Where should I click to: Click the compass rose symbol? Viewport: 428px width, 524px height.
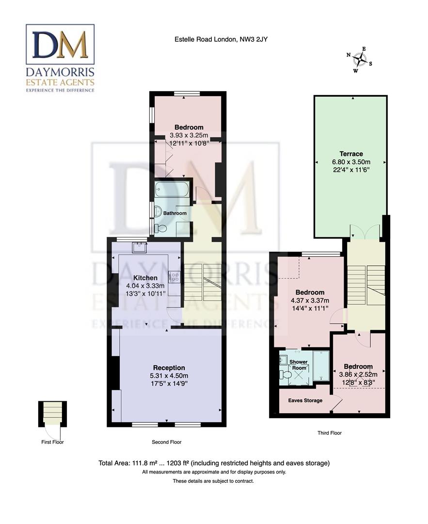coord(359,60)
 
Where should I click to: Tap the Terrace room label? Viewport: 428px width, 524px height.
coord(351,154)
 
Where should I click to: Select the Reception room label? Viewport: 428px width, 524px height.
coord(169,368)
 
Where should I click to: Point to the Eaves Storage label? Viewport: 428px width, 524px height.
coord(305,401)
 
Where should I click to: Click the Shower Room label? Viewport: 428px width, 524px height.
coord(299,365)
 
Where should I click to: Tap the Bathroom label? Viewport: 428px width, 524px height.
coord(174,213)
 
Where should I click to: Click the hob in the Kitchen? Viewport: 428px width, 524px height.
coord(174,278)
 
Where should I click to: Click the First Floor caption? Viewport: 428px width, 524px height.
coord(52,442)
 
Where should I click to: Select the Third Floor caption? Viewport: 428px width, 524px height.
coord(329,433)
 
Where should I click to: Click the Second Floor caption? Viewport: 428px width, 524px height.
coord(166,442)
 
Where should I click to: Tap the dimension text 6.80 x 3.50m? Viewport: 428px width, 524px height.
coord(351,162)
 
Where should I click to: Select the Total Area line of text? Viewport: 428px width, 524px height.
coord(214,463)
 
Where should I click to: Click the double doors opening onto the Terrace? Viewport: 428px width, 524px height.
coord(365,232)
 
